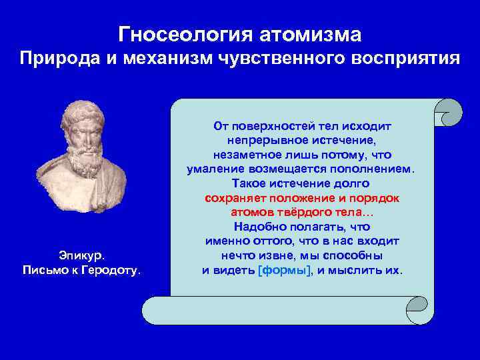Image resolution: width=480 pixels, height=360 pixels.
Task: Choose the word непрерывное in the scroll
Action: tap(259, 140)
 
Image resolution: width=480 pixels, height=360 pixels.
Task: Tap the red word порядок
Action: tap(378, 198)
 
